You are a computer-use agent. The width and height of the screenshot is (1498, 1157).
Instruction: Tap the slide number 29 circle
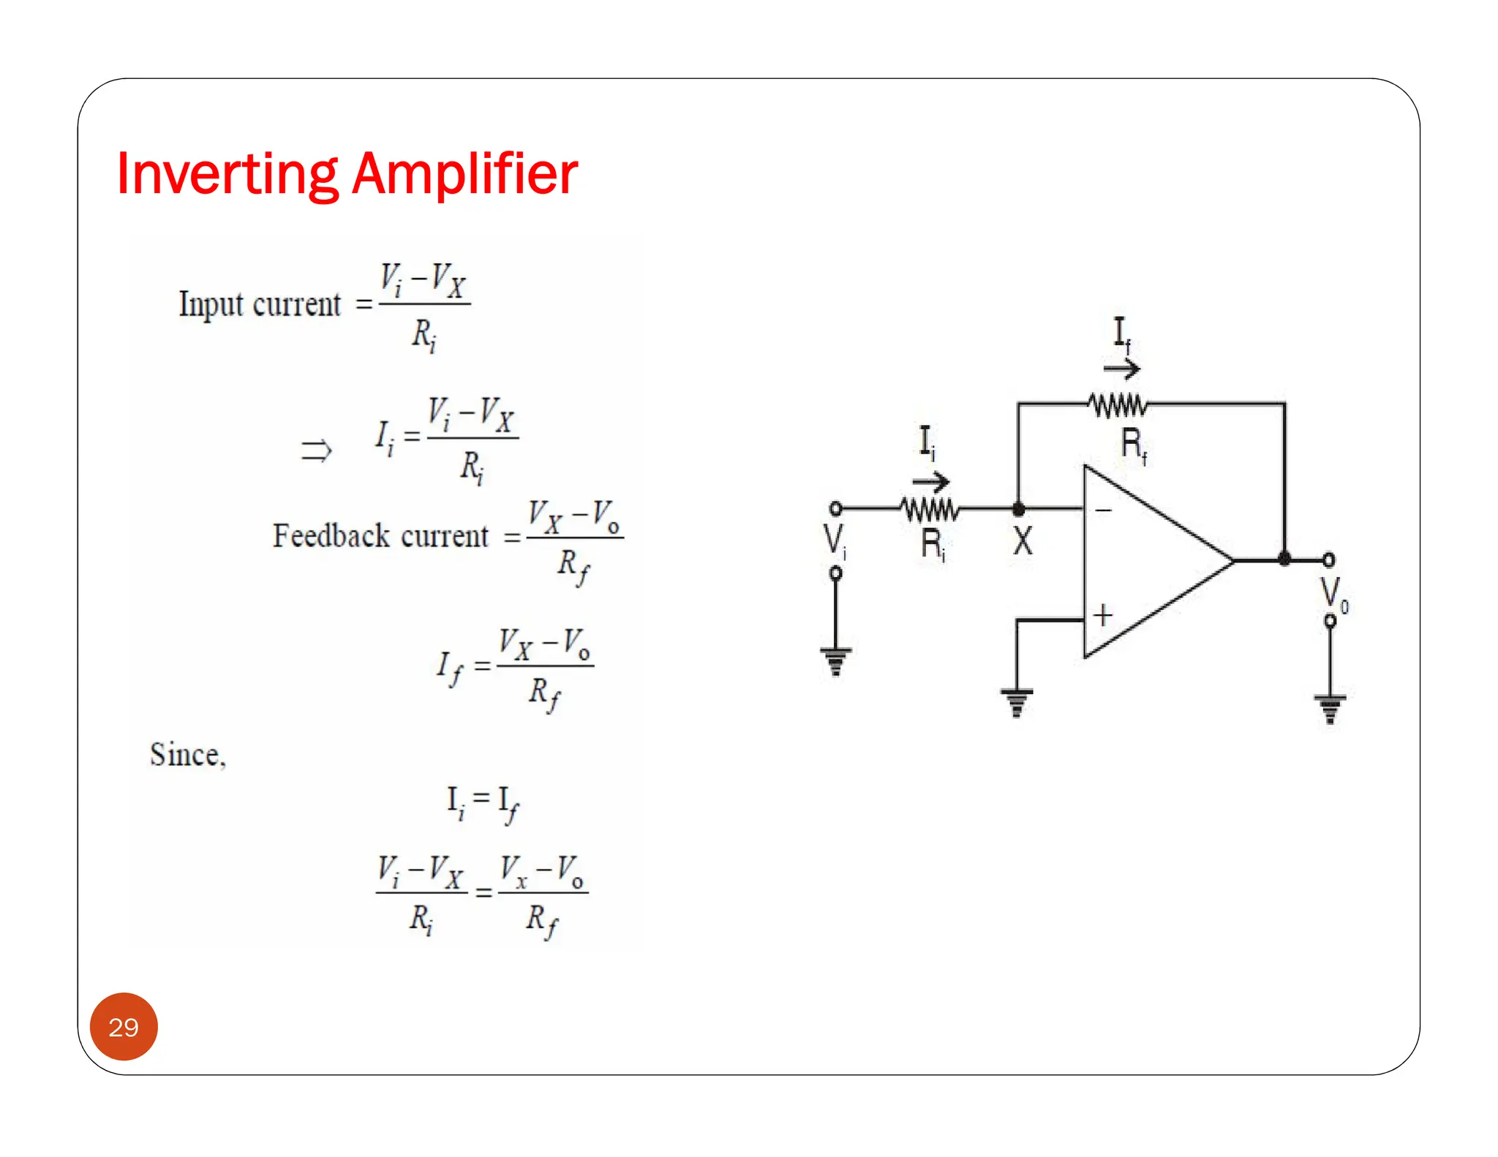(124, 1027)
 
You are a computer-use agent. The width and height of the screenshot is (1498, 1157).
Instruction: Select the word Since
(187, 755)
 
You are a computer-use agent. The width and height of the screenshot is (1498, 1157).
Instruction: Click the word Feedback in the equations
(331, 535)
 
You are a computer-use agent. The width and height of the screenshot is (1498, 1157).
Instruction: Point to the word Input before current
(211, 304)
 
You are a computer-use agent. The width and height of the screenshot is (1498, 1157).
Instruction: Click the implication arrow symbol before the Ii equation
(316, 450)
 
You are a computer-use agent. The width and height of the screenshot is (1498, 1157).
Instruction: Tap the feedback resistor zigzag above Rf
(1117, 404)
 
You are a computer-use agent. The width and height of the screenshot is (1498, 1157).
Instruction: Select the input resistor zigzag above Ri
(929, 508)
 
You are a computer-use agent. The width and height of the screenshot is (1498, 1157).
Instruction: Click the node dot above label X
(1018, 508)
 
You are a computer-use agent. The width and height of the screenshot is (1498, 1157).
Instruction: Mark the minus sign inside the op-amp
(1103, 510)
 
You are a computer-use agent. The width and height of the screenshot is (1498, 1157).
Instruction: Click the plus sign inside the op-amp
(1103, 615)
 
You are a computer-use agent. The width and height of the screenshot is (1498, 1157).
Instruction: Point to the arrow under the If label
(1121, 369)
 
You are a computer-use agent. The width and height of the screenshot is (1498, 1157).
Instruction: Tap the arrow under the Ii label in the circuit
(930, 481)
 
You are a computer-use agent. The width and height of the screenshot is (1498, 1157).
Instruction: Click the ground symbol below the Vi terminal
(835, 660)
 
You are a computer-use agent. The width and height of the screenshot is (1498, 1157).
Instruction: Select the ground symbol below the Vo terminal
(1330, 707)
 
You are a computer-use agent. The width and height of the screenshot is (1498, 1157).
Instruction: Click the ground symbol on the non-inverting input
(1017, 701)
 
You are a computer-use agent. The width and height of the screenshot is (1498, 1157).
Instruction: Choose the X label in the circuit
(1023, 542)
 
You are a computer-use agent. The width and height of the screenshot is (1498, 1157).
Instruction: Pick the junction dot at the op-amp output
(1284, 559)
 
